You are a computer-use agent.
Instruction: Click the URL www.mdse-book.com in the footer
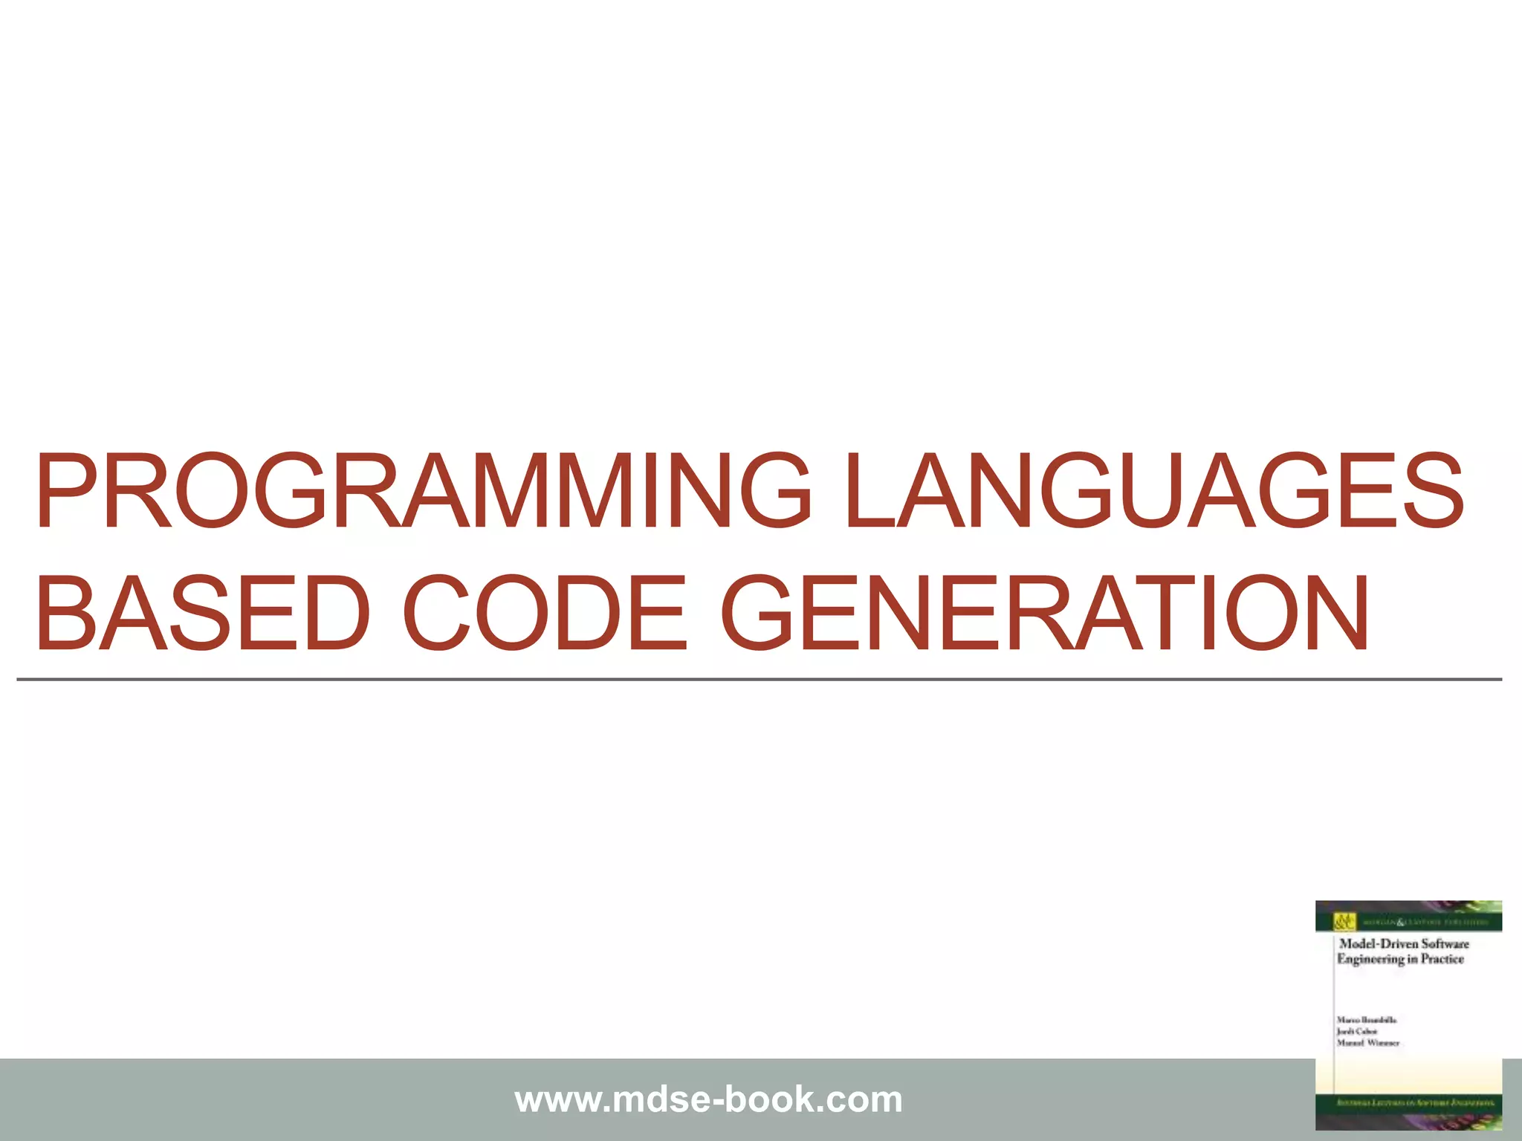(708, 1099)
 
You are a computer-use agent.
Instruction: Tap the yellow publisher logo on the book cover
(1341, 922)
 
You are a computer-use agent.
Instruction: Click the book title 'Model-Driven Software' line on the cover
(1404, 943)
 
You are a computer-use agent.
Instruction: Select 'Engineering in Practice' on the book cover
(1400, 959)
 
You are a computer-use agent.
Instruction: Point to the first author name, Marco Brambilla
(1366, 1020)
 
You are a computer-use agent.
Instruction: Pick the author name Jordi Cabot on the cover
(1357, 1031)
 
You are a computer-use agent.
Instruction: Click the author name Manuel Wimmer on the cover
(1367, 1043)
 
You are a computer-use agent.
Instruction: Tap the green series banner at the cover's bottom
(1408, 1103)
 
